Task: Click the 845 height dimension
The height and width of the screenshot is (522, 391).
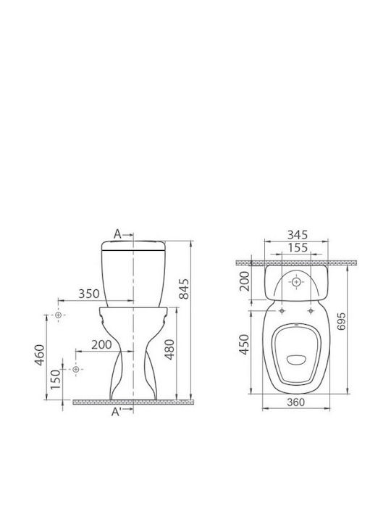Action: pos(185,289)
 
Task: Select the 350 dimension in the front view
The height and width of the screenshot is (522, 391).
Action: pos(89,294)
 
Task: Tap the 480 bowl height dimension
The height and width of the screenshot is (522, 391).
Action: pos(170,349)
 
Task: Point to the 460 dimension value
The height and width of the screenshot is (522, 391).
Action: pos(40,355)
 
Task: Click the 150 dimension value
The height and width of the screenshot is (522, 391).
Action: pos(56,379)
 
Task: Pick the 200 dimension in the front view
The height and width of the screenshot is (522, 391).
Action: pos(101,344)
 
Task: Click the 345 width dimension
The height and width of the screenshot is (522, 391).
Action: pos(298,235)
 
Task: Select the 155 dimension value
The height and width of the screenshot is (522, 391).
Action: pos(298,248)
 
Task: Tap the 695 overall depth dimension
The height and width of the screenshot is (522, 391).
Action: pos(341,321)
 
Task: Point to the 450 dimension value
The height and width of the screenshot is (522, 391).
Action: pos(245,344)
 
